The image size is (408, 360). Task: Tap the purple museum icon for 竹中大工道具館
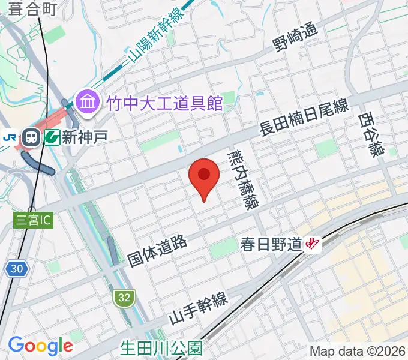pyautogui.click(x=88, y=103)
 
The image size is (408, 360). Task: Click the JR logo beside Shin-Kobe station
pyautogui.click(x=10, y=137)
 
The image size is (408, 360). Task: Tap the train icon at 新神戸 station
pyautogui.click(x=31, y=138)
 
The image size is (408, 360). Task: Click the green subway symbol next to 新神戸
pyautogui.click(x=51, y=137)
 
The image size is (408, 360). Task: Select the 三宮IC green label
pyautogui.click(x=34, y=220)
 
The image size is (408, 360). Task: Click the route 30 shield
pyautogui.click(x=17, y=269)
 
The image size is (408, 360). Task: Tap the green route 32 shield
pyautogui.click(x=123, y=297)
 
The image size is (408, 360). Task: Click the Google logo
pyautogui.click(x=40, y=346)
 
